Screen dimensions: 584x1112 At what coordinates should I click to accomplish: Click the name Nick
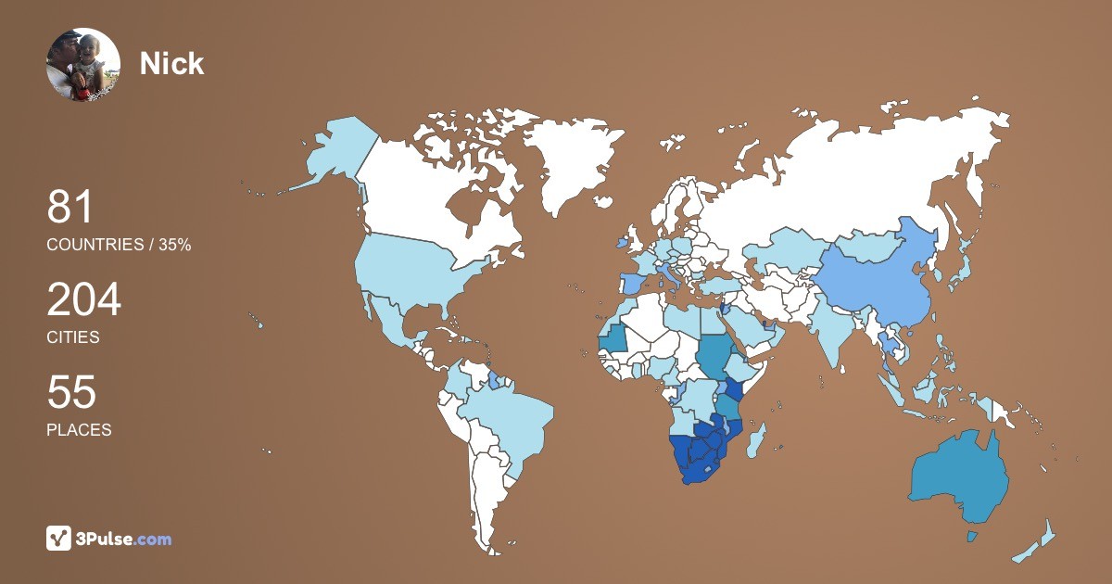(x=171, y=63)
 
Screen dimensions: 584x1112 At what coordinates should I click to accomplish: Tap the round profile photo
(x=83, y=64)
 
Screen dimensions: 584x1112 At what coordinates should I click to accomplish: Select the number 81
(x=70, y=207)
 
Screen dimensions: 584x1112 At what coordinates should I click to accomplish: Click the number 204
(x=83, y=300)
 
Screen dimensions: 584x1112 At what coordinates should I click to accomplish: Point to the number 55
(x=71, y=392)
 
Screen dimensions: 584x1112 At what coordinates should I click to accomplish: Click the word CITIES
(x=73, y=337)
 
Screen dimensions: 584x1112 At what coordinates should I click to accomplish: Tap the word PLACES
(x=79, y=430)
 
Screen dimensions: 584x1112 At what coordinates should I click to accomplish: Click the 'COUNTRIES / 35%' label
(x=119, y=245)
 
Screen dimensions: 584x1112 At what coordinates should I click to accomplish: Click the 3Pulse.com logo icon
(x=59, y=539)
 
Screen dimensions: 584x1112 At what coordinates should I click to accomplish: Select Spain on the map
(x=632, y=284)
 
